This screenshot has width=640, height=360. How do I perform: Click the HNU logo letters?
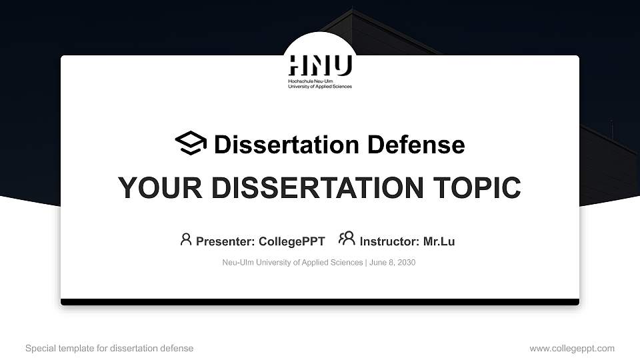coord(320,65)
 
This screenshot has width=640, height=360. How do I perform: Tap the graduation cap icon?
coord(191,143)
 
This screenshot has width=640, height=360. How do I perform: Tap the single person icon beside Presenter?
coord(186,239)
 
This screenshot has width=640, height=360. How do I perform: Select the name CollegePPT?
coord(291,241)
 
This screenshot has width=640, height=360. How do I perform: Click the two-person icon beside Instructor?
coord(347,239)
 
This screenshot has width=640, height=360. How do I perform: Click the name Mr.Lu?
coord(439,241)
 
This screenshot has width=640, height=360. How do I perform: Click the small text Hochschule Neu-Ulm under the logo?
coord(306,81)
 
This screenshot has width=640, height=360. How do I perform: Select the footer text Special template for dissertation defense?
coord(109,348)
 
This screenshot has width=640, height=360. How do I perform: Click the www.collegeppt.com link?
coord(572,348)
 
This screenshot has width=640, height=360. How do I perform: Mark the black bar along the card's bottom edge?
coord(320,302)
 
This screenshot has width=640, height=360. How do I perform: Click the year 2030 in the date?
coord(406,263)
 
